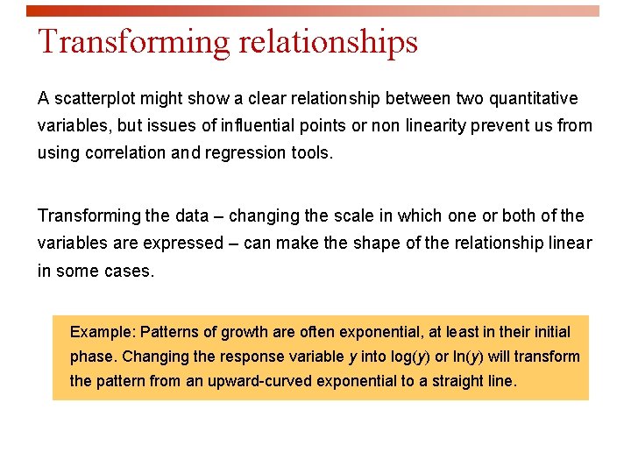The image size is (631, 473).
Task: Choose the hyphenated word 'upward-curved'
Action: tap(259, 381)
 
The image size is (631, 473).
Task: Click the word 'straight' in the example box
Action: tap(456, 381)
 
